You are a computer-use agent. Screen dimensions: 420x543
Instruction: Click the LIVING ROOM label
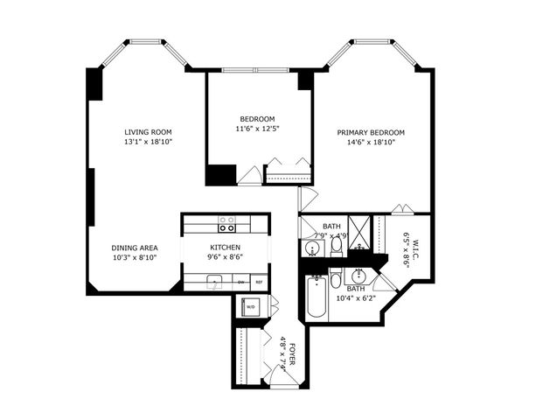tap(147, 132)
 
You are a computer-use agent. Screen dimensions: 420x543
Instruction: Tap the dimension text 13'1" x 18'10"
tap(147, 142)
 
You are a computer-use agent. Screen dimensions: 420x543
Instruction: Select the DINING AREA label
tap(135, 248)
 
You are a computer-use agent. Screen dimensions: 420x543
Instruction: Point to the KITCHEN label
tap(226, 248)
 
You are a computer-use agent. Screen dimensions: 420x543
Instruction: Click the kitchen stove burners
tap(226, 223)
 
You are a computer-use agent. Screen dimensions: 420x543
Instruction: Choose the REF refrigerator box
tap(259, 283)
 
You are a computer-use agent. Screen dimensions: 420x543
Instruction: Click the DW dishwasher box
tap(241, 283)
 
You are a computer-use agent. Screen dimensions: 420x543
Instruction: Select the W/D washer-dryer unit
tap(251, 307)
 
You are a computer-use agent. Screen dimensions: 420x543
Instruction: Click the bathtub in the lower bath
tap(316, 297)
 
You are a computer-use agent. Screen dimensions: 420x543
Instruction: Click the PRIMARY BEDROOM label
tap(371, 133)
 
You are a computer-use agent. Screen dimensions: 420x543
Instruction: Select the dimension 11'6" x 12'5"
tap(258, 129)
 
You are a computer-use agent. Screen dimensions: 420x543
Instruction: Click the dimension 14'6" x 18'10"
tap(371, 143)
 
